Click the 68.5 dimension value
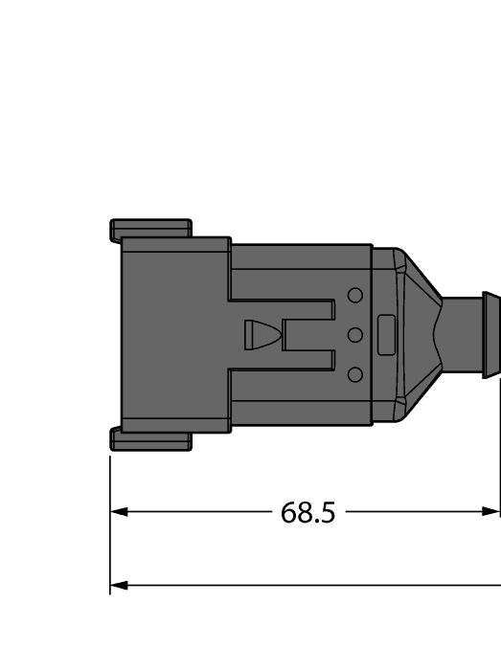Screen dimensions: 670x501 point(307,513)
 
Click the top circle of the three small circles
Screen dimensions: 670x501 point(354,296)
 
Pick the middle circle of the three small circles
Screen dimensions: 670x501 point(354,335)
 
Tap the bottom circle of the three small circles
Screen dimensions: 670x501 point(354,374)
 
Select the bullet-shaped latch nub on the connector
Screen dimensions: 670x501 point(261,335)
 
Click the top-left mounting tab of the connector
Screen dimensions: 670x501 point(150,230)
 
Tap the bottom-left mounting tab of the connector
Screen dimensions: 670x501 point(150,439)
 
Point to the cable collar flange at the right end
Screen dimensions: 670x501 point(490,335)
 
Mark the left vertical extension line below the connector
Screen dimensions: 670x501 point(110,536)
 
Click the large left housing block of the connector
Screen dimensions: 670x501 point(172,335)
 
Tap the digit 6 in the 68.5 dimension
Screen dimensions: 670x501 point(287,513)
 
